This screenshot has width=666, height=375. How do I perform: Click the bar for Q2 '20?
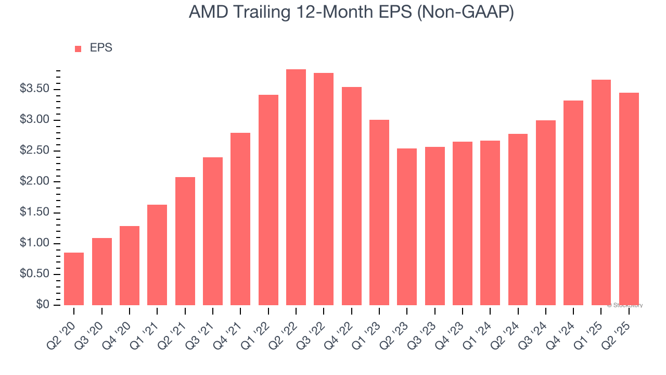coord(74,279)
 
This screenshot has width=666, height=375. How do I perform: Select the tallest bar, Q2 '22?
coord(296,187)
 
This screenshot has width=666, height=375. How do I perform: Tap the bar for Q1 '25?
coord(601,193)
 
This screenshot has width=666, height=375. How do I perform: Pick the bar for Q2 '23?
coord(407,227)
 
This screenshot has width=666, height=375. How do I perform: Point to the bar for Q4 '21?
coord(240,219)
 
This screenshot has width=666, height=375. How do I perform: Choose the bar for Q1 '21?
coord(157,255)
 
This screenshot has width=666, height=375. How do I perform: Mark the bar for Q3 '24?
coord(545,213)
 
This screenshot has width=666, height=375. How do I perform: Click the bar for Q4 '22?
coord(351,196)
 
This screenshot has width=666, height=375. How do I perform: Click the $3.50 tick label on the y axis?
coord(35,89)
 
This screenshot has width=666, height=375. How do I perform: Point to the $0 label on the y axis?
coord(43,305)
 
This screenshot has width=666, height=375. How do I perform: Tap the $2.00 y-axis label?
coord(35,182)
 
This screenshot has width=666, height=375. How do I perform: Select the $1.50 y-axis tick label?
coord(35,213)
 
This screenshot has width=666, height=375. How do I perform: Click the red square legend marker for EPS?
coord(78,49)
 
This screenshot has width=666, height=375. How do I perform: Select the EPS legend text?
coord(101,48)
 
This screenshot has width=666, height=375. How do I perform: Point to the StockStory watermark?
coord(625,305)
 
